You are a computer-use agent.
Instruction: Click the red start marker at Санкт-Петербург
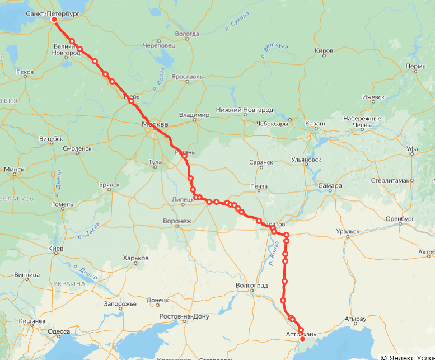[54, 20]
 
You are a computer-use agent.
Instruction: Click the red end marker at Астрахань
[302, 339]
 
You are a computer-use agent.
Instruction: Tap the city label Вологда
[187, 34]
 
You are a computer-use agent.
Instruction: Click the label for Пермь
[415, 67]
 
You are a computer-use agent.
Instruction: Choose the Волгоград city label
[252, 285]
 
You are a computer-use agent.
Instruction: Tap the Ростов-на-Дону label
[184, 316]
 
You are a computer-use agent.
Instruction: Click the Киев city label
[55, 248]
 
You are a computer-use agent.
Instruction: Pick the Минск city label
[14, 169]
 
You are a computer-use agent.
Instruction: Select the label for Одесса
[59, 331]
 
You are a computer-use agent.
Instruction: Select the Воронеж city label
[177, 221]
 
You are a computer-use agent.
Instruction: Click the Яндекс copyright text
[408, 357]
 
